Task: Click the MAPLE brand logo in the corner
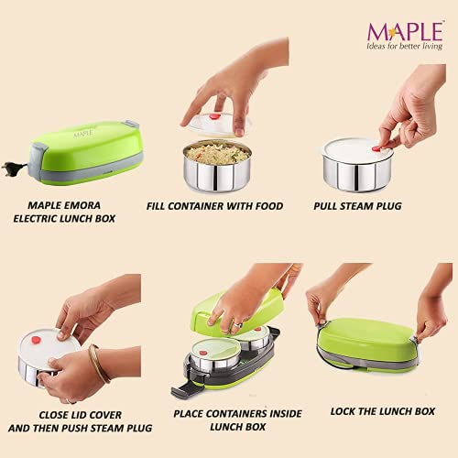pyautogui.click(x=405, y=31)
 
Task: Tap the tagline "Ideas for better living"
pyautogui.click(x=405, y=46)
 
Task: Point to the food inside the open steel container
pyautogui.click(x=217, y=152)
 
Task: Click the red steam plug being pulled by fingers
pyautogui.click(x=378, y=148)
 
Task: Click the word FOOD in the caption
pyautogui.click(x=269, y=206)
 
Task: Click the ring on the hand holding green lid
pyautogui.click(x=237, y=325)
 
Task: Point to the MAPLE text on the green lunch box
pyautogui.click(x=83, y=134)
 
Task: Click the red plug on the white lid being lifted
pyautogui.click(x=214, y=116)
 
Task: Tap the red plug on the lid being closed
pyautogui.click(x=36, y=340)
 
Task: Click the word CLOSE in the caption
pyautogui.click(x=53, y=415)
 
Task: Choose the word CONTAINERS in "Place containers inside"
pyautogui.click(x=233, y=414)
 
